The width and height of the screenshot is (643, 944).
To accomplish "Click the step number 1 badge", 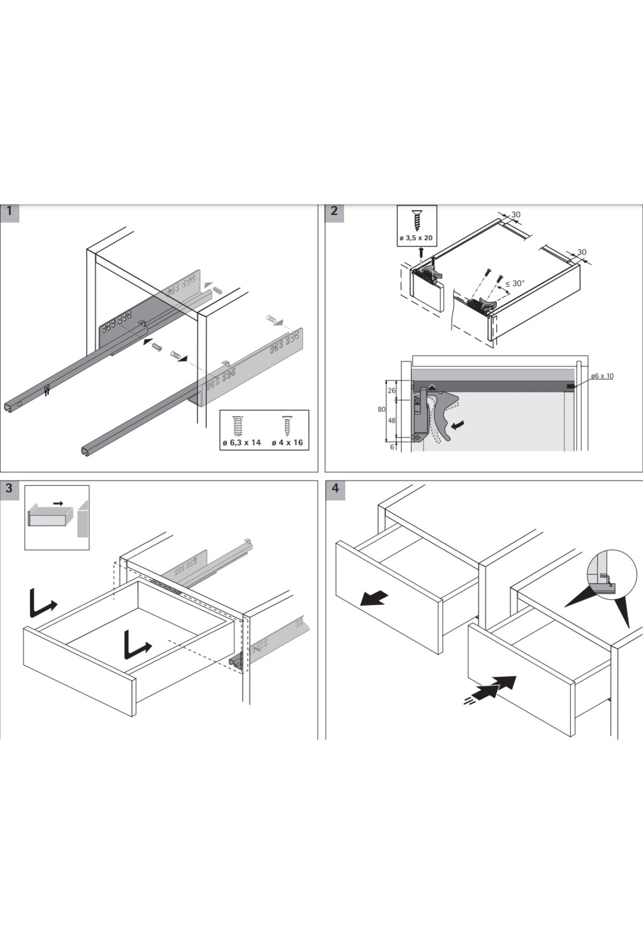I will pos(9,211).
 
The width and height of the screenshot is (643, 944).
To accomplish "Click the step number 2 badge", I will pos(334,211).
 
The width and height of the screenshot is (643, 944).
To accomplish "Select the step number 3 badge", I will pos(9,488).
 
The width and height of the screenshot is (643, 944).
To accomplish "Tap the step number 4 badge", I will pos(335,488).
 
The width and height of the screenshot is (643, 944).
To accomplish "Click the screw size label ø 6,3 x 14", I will pos(242,442).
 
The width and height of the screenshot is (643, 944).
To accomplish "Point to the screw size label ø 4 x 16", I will pos(287,442).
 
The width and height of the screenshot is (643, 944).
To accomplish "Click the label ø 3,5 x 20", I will pos(416,238).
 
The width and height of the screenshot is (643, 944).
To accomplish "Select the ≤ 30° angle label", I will pos(515,283).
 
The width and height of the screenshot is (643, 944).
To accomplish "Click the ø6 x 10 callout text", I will pos(602,376).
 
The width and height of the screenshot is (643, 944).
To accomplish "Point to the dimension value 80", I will pos(382,409).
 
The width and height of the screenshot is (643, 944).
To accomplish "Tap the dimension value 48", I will pos(392,421).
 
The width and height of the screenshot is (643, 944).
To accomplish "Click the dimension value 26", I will pos(392,390).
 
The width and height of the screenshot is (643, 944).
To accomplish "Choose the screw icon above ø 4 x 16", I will pos(288,426).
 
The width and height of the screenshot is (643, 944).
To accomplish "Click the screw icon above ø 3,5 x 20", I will pos(416,220).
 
